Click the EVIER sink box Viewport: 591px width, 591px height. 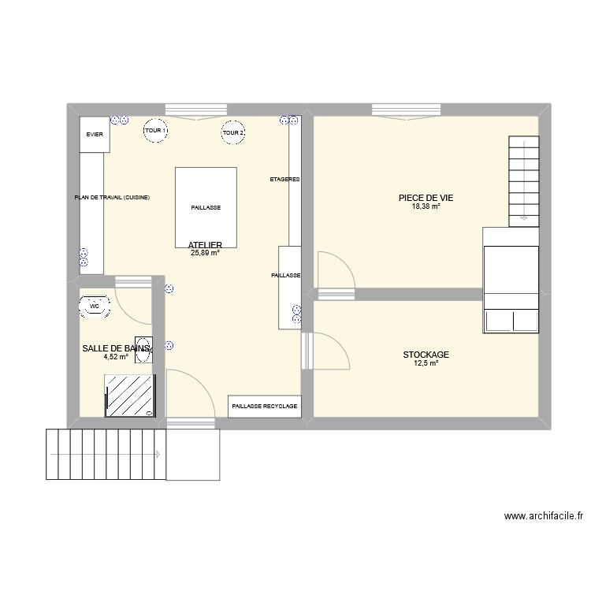pyautogui.click(x=95, y=135)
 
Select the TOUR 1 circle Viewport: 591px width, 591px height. pyautogui.click(x=155, y=132)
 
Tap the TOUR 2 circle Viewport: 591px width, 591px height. pyautogui.click(x=233, y=133)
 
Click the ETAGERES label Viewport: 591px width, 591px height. pyautogui.click(x=284, y=180)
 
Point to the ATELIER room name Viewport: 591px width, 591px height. pyautogui.click(x=205, y=245)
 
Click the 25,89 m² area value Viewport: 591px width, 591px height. pyautogui.click(x=205, y=254)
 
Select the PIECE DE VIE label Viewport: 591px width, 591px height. pyautogui.click(x=425, y=199)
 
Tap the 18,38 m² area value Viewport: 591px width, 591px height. pyautogui.click(x=425, y=207)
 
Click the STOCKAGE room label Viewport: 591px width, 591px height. pyautogui.click(x=425, y=355)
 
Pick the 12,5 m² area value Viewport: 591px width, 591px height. pyautogui.click(x=425, y=363)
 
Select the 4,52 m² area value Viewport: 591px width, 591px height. pyautogui.click(x=115, y=356)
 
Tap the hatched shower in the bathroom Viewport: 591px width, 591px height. pyautogui.click(x=131, y=395)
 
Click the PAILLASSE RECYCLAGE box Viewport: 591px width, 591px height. pyautogui.click(x=265, y=406)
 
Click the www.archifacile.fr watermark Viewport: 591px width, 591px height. pyautogui.click(x=544, y=517)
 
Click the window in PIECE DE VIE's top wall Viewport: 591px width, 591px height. pyautogui.click(x=407, y=109)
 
